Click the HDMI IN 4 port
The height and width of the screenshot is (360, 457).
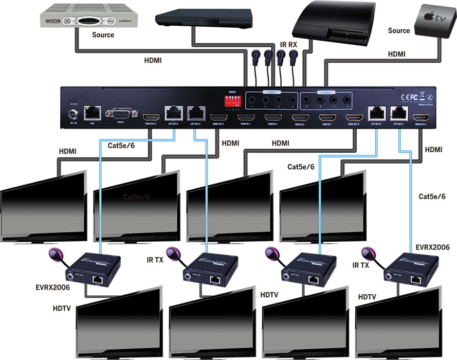244,118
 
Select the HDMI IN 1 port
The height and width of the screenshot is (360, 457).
325,118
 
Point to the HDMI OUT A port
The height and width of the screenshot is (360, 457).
421,117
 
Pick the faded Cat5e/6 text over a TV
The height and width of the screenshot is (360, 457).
136,197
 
